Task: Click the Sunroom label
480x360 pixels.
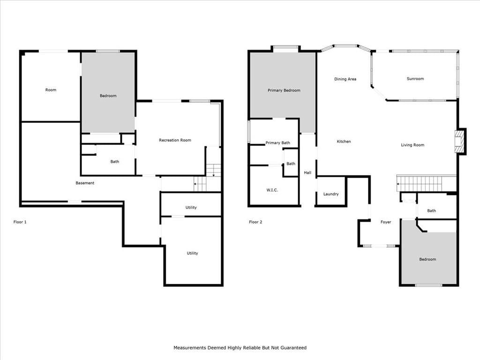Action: pyautogui.click(x=415, y=79)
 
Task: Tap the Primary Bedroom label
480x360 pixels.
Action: pyautogui.click(x=284, y=90)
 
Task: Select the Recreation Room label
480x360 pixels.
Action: pyautogui.click(x=175, y=140)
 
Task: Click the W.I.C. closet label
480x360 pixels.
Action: pyautogui.click(x=272, y=190)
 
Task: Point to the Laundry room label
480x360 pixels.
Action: pyautogui.click(x=331, y=194)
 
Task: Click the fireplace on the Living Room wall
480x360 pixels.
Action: pyautogui.click(x=459, y=142)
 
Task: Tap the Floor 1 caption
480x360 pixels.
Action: pyautogui.click(x=20, y=222)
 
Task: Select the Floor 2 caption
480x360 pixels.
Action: pyautogui.click(x=255, y=222)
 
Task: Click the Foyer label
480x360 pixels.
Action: pyautogui.click(x=386, y=222)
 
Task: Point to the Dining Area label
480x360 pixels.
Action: pyautogui.click(x=345, y=79)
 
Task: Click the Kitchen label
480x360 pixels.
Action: pyautogui.click(x=344, y=142)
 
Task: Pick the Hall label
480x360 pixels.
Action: pyautogui.click(x=307, y=172)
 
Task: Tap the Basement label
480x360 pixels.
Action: pyautogui.click(x=85, y=183)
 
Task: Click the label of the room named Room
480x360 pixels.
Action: pyautogui.click(x=51, y=90)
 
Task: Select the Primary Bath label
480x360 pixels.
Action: pyautogui.click(x=277, y=143)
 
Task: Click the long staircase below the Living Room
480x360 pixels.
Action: pyautogui.click(x=426, y=183)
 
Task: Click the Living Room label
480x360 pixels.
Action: pyautogui.click(x=412, y=145)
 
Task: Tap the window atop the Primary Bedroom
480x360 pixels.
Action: pyautogui.click(x=285, y=47)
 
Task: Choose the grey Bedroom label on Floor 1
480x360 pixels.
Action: pyautogui.click(x=108, y=96)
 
